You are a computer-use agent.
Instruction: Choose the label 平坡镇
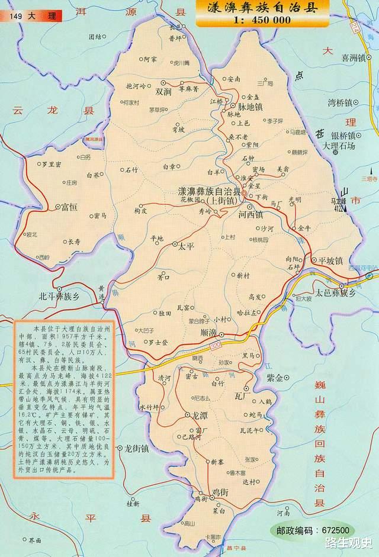click(331, 260)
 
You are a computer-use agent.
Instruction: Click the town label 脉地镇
click(249, 106)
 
